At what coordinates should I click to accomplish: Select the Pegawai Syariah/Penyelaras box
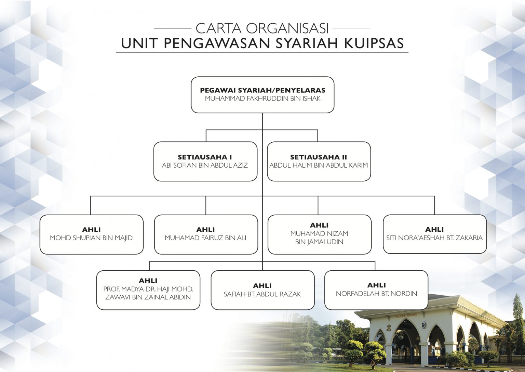click(x=262, y=95)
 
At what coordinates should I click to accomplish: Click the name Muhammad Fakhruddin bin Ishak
click(x=262, y=99)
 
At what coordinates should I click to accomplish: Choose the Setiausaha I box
click(x=205, y=162)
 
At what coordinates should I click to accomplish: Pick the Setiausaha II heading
click(x=319, y=157)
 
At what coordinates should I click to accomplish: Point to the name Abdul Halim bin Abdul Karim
click(x=319, y=165)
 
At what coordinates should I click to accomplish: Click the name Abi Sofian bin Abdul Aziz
click(x=205, y=165)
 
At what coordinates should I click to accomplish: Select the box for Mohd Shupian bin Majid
click(x=91, y=234)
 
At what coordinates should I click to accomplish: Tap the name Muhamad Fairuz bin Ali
click(x=205, y=238)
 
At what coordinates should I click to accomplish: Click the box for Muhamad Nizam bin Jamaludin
click(x=320, y=234)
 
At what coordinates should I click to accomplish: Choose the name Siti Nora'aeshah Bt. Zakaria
click(x=434, y=238)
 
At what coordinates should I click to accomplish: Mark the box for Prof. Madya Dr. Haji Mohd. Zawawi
click(x=148, y=290)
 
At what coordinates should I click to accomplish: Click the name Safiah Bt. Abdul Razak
click(x=262, y=294)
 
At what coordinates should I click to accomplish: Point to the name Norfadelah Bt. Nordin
click(x=376, y=294)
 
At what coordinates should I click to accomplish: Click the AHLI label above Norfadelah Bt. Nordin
click(x=376, y=285)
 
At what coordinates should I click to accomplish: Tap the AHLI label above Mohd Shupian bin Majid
click(x=91, y=230)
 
